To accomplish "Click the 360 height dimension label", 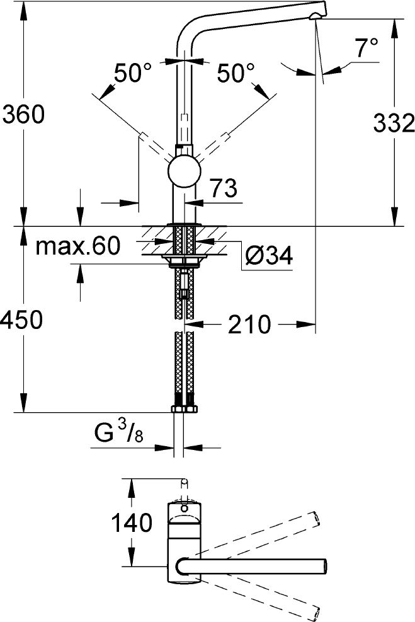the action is (23, 115).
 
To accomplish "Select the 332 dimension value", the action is (394, 123).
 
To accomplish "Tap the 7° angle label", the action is (366, 48).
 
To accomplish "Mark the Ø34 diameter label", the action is (269, 255).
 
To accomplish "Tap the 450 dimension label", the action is (21, 320).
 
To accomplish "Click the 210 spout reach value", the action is (249, 325).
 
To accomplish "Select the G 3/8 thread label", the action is (118, 434).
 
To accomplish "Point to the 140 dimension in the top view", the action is (131, 522).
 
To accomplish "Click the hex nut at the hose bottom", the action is (185, 408).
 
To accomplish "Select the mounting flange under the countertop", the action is (185, 260).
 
